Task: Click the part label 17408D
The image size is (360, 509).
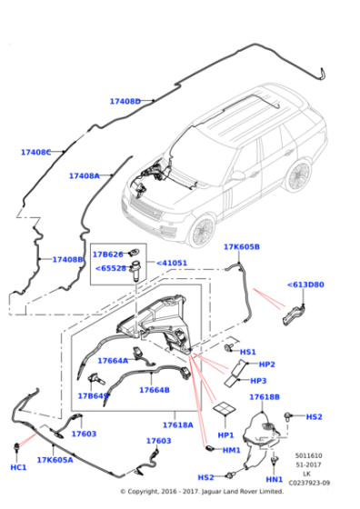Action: coord(125,102)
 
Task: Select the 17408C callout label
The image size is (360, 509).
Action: coord(36,153)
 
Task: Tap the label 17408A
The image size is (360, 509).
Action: coord(84,176)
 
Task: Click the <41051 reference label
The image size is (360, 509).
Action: coord(172,264)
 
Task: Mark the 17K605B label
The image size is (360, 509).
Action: coord(242,247)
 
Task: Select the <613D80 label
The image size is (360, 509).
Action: coord(305,284)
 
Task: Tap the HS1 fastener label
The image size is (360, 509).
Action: coord(248,352)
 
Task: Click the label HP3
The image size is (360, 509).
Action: coord(258,381)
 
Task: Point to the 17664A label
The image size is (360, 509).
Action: coord(114,361)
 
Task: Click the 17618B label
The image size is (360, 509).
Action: coord(265,397)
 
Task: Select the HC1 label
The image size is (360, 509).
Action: coord(18,467)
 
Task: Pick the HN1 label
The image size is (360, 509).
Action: coord(274,479)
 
